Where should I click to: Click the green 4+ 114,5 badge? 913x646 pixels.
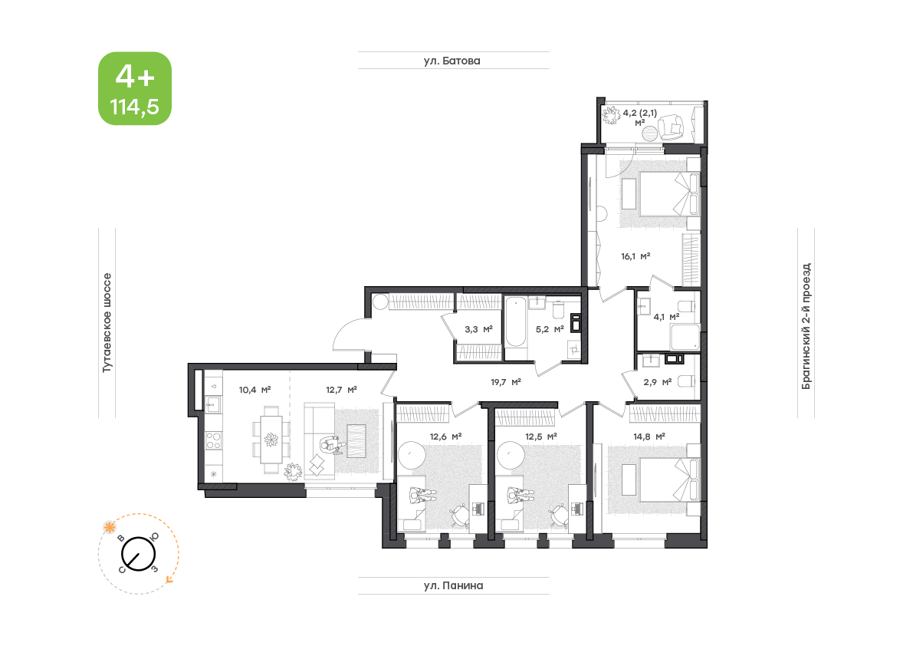click(x=134, y=88)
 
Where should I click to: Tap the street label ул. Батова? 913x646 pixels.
click(x=452, y=61)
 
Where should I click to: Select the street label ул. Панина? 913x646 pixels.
click(x=453, y=585)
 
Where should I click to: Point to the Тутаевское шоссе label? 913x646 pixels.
click(x=107, y=323)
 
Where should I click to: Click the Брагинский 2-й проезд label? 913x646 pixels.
click(x=806, y=326)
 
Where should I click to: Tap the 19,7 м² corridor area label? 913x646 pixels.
click(x=505, y=382)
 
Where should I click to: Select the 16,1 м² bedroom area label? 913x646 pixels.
click(x=635, y=256)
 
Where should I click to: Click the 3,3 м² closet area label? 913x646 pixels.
click(x=478, y=329)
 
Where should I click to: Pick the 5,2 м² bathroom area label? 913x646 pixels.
click(x=549, y=329)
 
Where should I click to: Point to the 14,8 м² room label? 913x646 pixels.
click(x=649, y=437)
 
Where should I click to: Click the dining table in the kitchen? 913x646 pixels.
click(x=271, y=440)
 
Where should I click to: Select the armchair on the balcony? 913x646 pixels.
click(x=672, y=127)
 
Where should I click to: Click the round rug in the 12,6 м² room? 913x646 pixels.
click(x=412, y=455)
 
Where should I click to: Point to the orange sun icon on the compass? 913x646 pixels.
click(x=109, y=528)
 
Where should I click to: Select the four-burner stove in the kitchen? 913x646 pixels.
click(x=213, y=440)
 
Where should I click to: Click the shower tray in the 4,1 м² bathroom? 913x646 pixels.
click(x=685, y=338)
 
